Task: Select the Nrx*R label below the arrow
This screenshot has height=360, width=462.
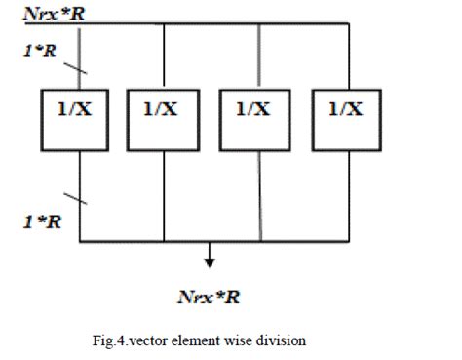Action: (x=209, y=297)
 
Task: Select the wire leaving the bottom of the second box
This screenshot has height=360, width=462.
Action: (x=164, y=195)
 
